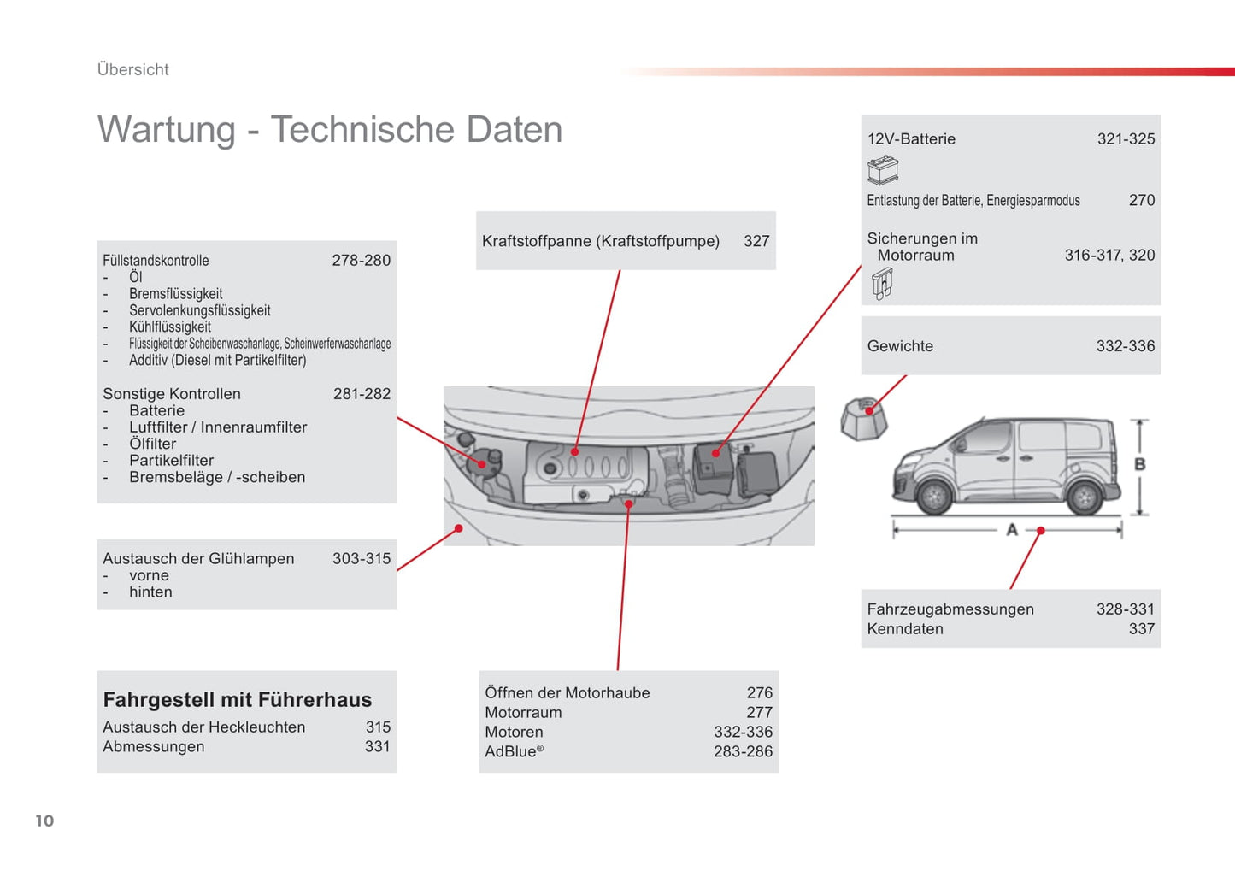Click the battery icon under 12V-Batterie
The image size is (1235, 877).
[883, 170]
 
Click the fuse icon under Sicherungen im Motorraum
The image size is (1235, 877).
[882, 283]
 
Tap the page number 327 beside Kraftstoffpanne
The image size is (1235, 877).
[756, 241]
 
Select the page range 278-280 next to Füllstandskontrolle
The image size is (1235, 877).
[361, 260]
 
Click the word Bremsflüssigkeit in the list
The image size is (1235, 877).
[175, 294]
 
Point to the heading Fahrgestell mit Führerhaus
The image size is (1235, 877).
[237, 699]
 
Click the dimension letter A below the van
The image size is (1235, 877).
[1012, 530]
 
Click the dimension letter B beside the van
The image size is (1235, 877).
[1139, 464]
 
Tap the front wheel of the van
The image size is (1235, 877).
[934, 495]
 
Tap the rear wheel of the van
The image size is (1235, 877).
[1085, 497]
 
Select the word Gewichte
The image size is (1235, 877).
[900, 346]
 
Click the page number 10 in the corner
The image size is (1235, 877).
[44, 821]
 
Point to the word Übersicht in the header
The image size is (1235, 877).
[132, 69]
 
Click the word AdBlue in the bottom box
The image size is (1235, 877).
[511, 751]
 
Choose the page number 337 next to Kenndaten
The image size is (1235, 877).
[1141, 629]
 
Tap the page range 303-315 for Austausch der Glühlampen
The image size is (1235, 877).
[361, 558]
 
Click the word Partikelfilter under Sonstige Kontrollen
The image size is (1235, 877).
[171, 461]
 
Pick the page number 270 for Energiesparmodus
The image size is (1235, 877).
[1141, 200]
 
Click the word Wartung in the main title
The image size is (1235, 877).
[166, 130]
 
